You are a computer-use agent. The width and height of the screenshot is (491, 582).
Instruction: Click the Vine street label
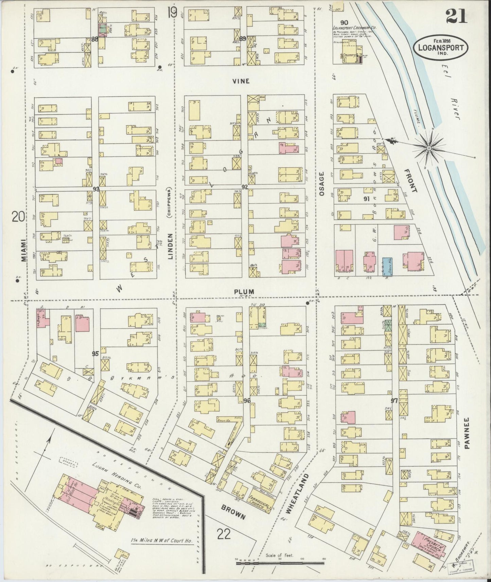[x=241, y=81]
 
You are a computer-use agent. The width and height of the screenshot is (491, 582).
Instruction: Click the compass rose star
[x=429, y=148]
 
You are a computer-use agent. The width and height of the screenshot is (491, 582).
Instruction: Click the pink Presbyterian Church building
[x=429, y=540]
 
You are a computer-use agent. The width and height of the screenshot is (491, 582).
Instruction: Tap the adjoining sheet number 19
[x=172, y=13]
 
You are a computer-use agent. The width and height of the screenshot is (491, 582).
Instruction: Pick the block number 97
[x=394, y=401]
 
